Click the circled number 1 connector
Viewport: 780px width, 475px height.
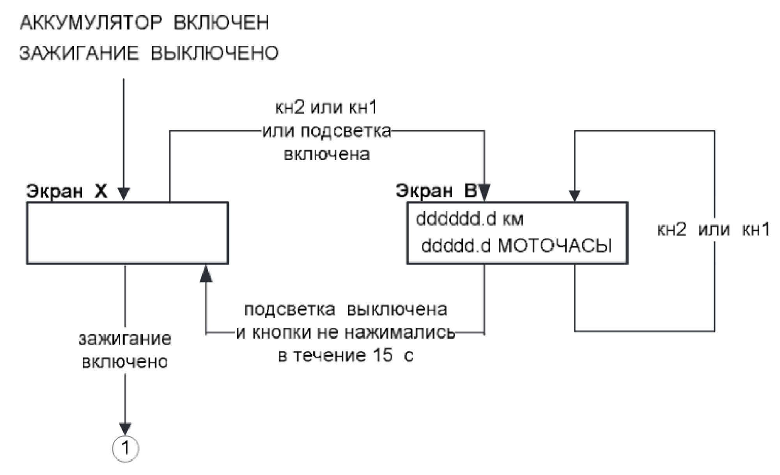126,449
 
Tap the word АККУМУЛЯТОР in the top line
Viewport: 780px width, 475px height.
90,23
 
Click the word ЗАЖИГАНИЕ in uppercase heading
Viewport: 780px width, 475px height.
79,53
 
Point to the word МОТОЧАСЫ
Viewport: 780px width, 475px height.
555,246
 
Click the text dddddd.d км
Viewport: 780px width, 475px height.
470,219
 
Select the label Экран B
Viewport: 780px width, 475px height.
436,191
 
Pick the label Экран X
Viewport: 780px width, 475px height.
66,191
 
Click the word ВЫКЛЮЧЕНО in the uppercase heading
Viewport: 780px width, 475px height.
214,53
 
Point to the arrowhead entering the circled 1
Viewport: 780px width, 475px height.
125,429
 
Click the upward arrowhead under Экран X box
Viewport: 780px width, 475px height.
206,274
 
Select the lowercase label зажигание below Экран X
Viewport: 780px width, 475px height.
125,339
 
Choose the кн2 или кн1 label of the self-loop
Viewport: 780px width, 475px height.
714,230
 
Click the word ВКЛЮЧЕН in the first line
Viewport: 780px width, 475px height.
221,23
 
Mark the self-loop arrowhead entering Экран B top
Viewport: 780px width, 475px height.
574,196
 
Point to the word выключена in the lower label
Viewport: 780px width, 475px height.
397,309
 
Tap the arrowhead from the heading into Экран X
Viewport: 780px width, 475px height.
124,194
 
